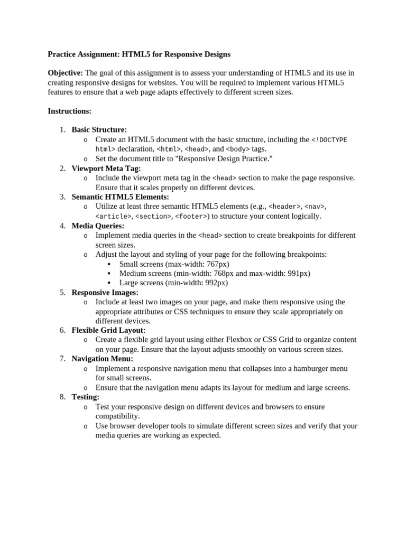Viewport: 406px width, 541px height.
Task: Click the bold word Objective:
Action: click(65, 73)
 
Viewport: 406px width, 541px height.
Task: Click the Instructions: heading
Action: click(69, 111)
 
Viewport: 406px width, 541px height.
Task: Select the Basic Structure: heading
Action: click(99, 130)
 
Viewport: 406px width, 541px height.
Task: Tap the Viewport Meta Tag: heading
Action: click(106, 169)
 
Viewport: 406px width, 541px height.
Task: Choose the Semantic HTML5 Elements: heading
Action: click(120, 197)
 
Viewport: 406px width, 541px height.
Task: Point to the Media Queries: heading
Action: click(98, 226)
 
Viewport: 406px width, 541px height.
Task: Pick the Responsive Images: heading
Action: click(105, 292)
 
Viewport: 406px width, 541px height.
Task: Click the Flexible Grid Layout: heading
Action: click(108, 330)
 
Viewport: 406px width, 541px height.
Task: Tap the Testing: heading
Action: click(86, 397)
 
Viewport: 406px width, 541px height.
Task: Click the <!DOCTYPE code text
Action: click(329, 140)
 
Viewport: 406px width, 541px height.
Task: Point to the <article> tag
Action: click(114, 216)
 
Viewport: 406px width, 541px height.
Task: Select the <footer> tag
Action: click(191, 216)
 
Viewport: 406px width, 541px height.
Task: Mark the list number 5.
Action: click(62, 292)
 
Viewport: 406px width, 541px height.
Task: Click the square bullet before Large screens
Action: click(108, 283)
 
